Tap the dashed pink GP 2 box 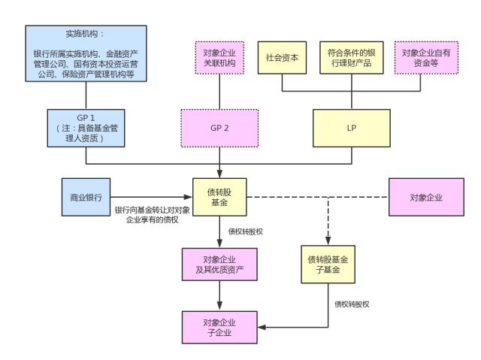tap(219, 129)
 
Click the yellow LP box tap(351, 129)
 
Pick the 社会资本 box tap(282, 57)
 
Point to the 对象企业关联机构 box tap(219, 58)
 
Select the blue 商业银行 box tap(86, 198)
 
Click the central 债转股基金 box tap(219, 198)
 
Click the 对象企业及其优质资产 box tap(219, 265)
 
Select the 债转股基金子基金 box tap(328, 264)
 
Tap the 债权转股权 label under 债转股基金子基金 tap(352, 304)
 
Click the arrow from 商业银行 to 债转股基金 tap(153, 198)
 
